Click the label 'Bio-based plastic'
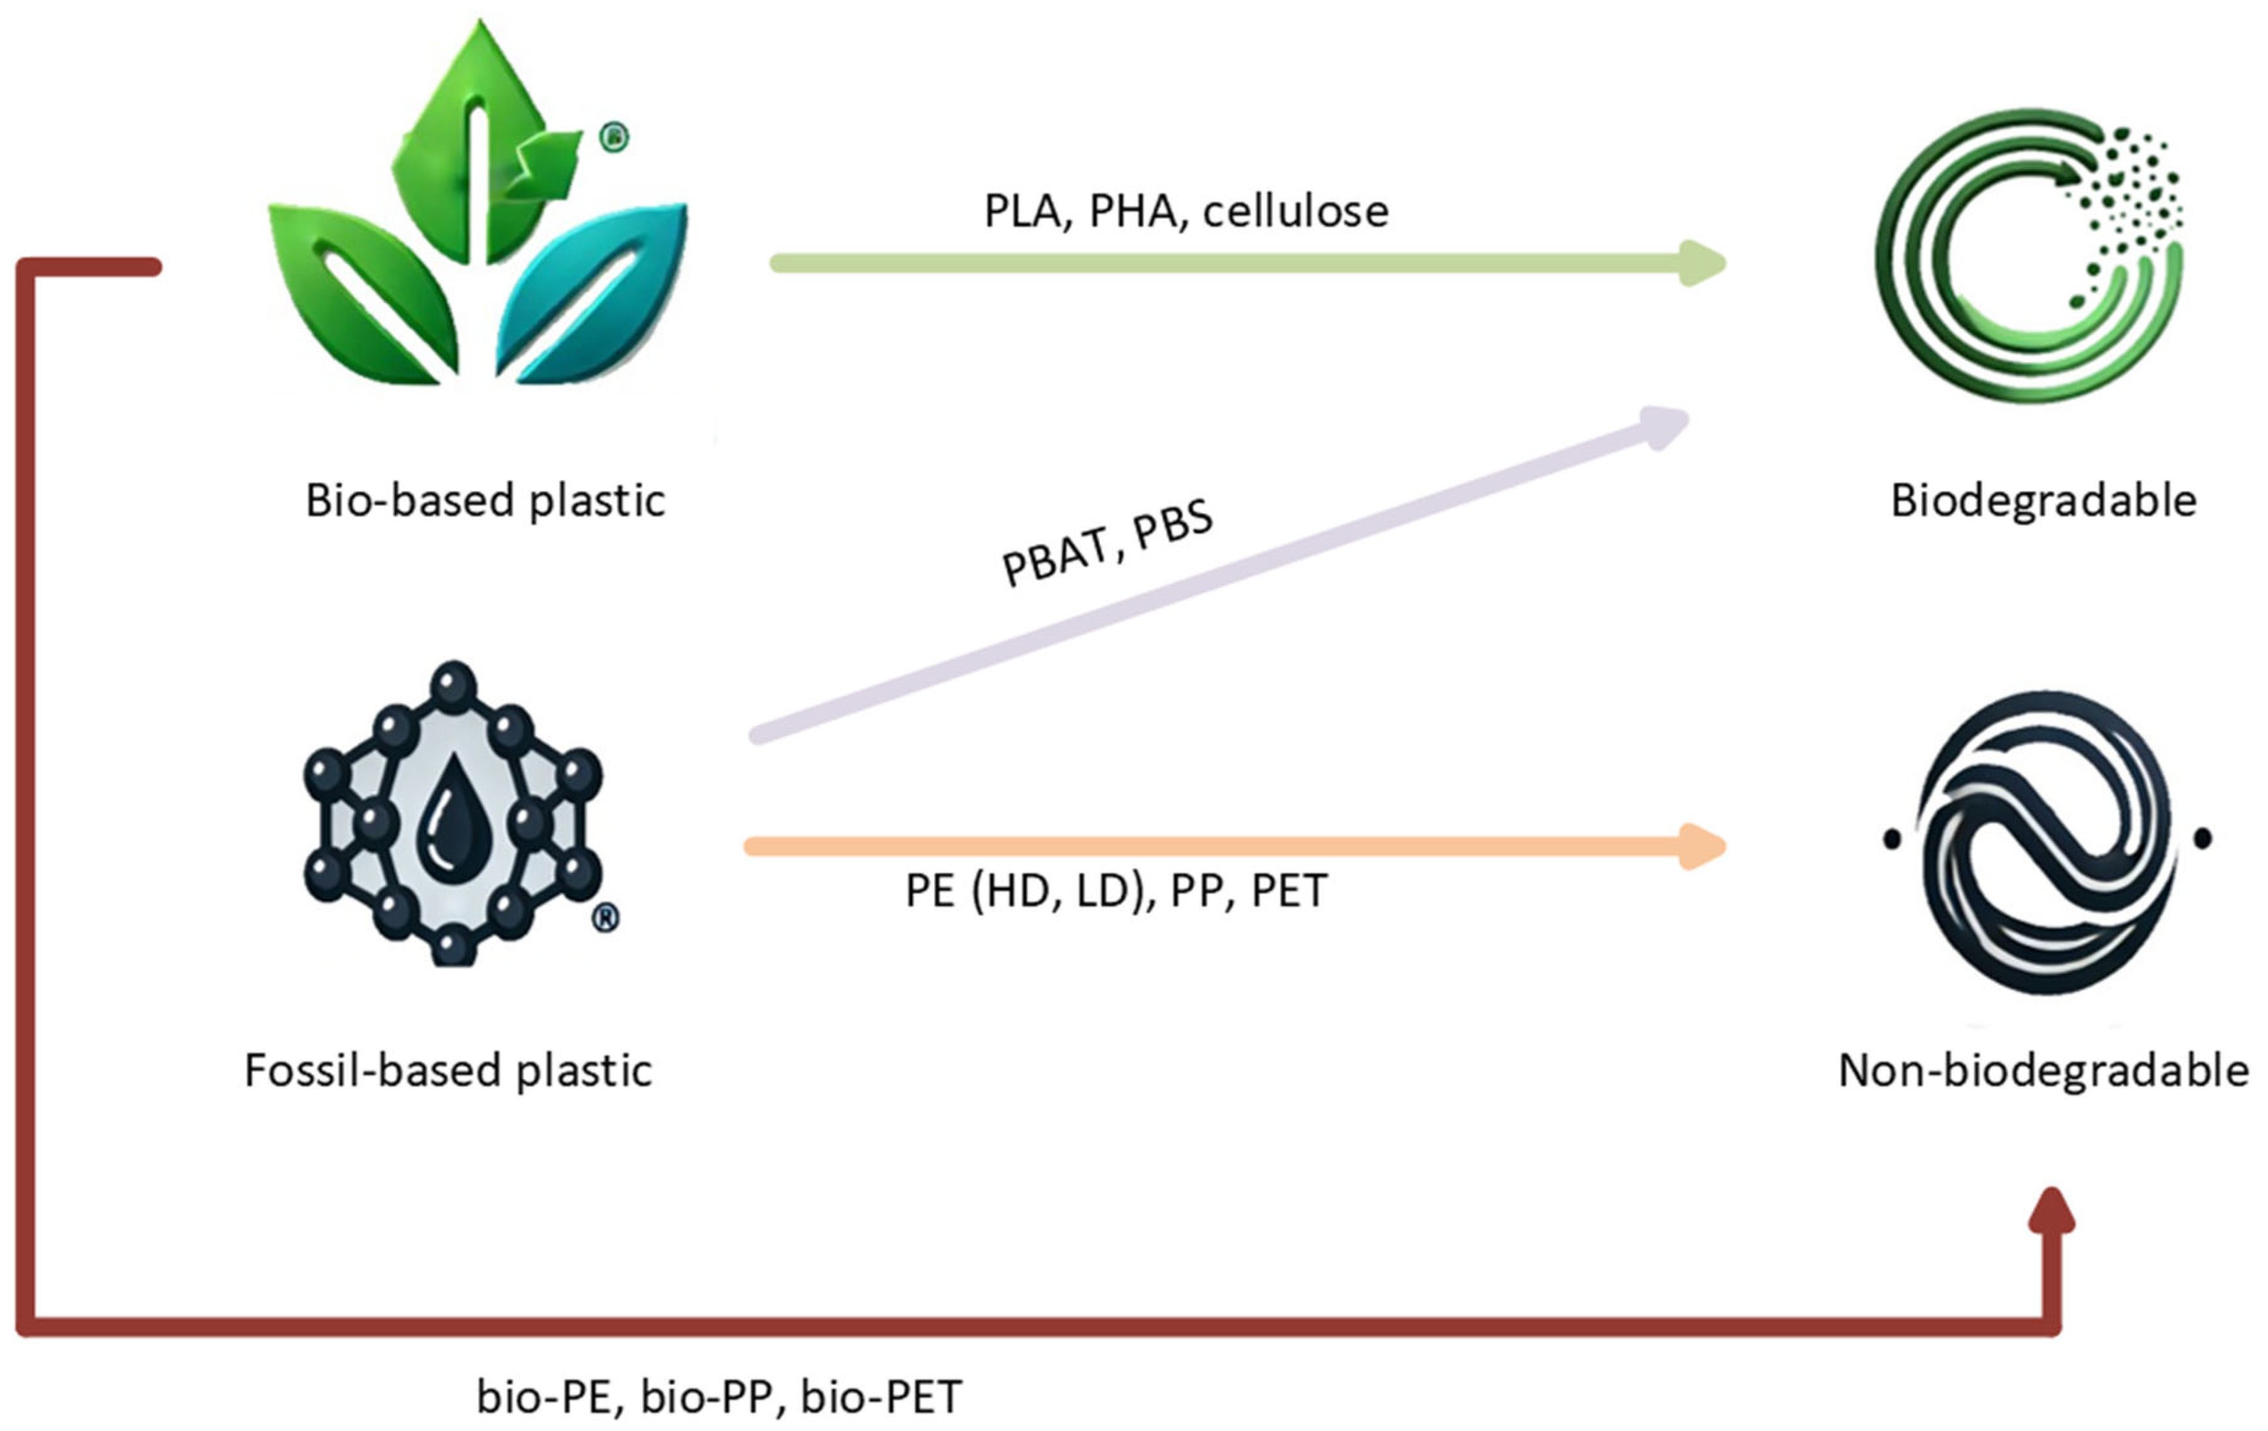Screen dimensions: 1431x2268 click(x=485, y=500)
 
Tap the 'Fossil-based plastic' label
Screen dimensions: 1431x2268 click(x=448, y=1070)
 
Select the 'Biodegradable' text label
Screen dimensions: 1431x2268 click(x=2043, y=500)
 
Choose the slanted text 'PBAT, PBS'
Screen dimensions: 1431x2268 click(x=1108, y=543)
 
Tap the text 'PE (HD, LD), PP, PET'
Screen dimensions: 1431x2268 click(x=1116, y=890)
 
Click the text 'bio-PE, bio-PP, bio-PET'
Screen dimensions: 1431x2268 click(x=719, y=1396)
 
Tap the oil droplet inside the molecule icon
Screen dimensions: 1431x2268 click(x=453, y=814)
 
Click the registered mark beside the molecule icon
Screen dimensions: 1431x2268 click(x=606, y=917)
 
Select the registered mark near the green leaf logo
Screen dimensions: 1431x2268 click(x=614, y=137)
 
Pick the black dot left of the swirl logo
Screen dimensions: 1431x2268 click(x=1891, y=838)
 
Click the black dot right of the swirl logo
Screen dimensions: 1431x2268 click(x=2202, y=838)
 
